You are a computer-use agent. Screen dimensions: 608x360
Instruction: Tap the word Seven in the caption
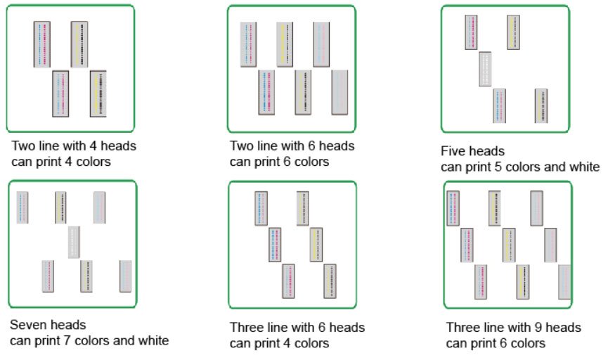(28, 325)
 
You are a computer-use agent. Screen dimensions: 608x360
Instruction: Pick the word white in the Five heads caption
(584, 167)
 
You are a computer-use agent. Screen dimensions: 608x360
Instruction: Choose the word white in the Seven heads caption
(153, 340)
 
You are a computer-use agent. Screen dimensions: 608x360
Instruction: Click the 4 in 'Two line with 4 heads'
(93, 146)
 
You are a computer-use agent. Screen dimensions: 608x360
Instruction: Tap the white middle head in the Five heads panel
(485, 69)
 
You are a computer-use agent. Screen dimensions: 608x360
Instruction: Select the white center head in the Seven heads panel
(74, 243)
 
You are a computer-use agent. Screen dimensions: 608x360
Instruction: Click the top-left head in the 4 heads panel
(42, 44)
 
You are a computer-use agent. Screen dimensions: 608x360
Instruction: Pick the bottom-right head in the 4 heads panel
(98, 94)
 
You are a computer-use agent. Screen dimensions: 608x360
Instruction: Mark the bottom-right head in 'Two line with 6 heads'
(339, 92)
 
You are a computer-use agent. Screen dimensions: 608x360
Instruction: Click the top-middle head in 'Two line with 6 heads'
(285, 44)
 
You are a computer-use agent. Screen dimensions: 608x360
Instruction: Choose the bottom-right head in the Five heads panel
(541, 106)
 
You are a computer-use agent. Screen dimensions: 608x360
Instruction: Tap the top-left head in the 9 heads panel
(453, 208)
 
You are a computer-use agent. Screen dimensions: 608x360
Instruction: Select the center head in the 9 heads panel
(509, 245)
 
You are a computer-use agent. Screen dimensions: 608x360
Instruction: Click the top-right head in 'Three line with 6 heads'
(302, 208)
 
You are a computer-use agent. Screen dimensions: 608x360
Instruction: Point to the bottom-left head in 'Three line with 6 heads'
(288, 281)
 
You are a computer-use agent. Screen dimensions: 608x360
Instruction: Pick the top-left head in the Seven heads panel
(22, 207)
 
